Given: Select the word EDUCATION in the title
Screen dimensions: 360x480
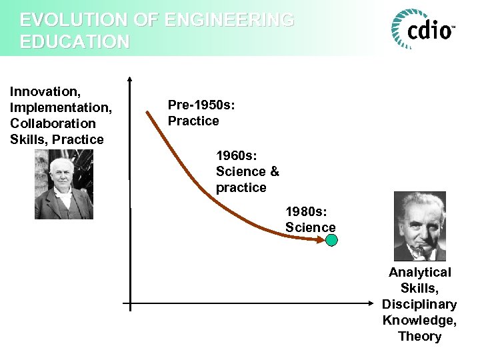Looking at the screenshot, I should pos(75,42).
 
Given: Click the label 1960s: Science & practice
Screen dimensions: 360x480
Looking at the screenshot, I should pos(247,171).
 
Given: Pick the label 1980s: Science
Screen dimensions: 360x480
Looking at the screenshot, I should pos(311,219).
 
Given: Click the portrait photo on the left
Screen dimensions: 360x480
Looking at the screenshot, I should pos(64,184).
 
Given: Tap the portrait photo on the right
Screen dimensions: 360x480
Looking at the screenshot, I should pos(419,226).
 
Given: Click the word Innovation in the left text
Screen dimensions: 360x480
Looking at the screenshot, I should pos(44,91).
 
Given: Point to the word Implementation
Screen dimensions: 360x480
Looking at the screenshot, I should pos(60,107).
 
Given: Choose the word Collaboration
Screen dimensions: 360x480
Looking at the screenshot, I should pos(53,123).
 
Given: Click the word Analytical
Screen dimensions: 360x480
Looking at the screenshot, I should pos(419,272).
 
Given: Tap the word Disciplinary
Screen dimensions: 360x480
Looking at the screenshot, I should pos(419,304).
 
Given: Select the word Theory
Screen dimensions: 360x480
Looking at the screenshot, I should pos(419,336).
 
